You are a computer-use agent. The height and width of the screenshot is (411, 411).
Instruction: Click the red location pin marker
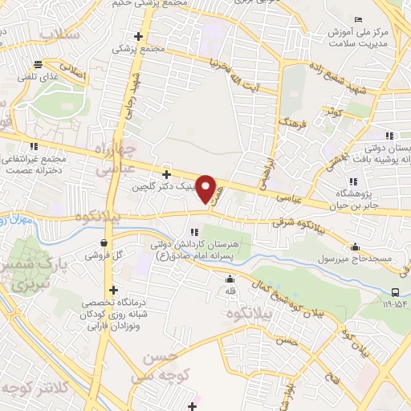point(206,189)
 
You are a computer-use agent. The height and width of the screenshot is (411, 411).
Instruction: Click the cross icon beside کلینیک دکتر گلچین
point(166,174)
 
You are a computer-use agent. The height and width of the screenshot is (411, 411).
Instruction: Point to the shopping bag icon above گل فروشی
point(104,242)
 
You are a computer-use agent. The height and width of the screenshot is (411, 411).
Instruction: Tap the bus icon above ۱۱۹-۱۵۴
point(396,293)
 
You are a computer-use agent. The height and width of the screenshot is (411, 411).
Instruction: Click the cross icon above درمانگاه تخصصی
point(113,290)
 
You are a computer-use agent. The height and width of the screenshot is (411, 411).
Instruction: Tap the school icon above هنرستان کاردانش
point(193,232)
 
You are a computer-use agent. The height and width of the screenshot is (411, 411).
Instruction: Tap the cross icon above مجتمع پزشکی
point(140,36)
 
